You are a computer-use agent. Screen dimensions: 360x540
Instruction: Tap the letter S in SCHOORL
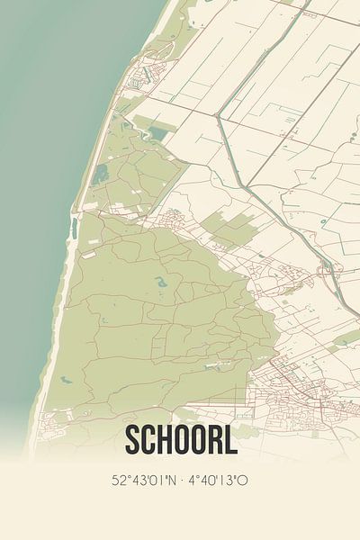pyautogui.click(x=134, y=441)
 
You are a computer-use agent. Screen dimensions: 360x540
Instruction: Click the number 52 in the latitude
pyautogui.click(x=118, y=480)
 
